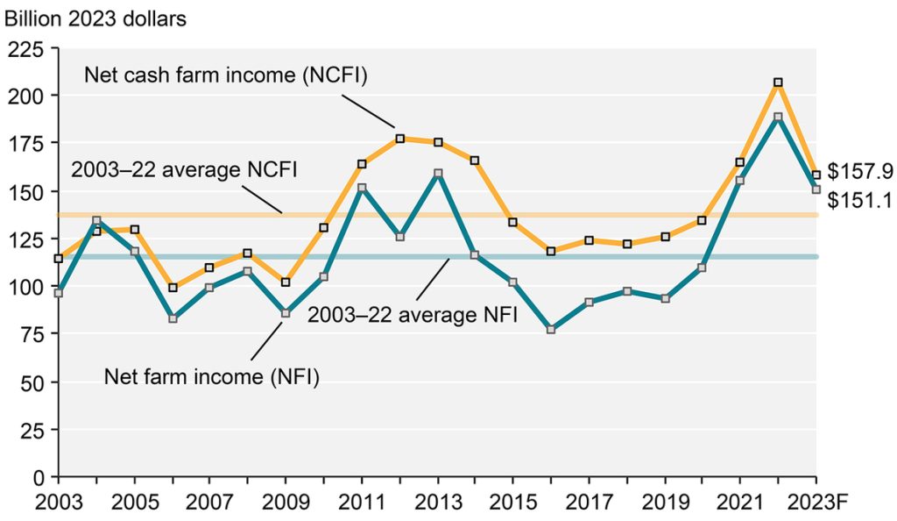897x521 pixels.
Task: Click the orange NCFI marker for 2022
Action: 778,82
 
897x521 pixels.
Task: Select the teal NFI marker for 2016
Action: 551,330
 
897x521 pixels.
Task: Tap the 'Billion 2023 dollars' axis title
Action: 95,18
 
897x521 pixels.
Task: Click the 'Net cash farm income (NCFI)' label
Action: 225,75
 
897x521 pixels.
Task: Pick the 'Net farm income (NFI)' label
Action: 212,377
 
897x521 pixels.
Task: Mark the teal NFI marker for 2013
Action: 438,174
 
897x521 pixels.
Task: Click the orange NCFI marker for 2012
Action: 399,139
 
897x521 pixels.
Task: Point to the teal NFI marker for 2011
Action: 362,189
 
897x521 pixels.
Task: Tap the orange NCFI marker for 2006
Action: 173,288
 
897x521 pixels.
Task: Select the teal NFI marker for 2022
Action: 778,117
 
